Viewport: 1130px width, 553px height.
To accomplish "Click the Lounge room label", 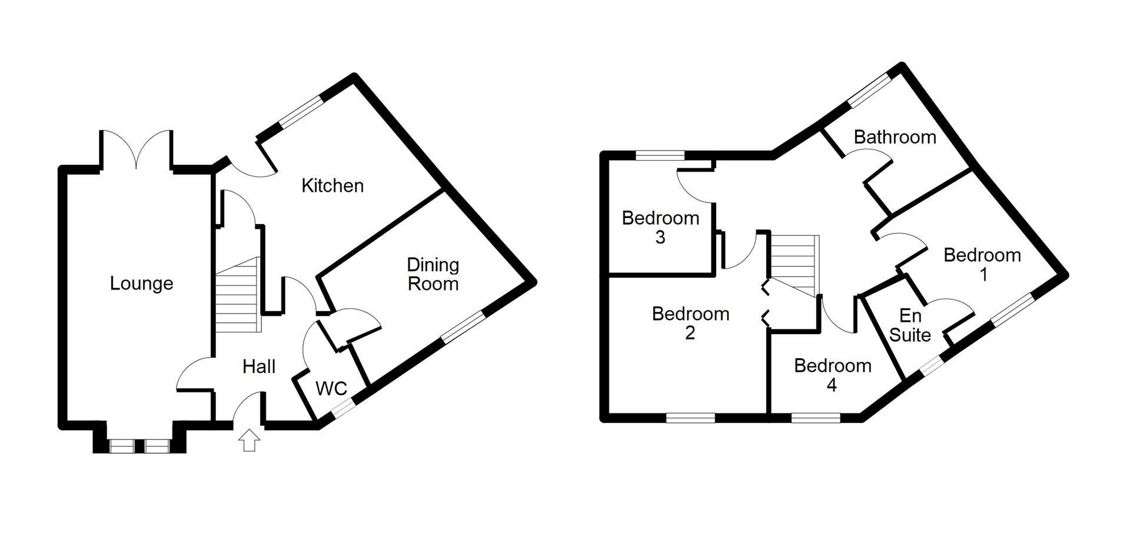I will [141, 284].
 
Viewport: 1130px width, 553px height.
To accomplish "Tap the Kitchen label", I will [333, 186].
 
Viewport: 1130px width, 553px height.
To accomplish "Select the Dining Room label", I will [433, 274].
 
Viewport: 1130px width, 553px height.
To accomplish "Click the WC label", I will [331, 389].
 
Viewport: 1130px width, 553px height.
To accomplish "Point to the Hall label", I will [259, 367].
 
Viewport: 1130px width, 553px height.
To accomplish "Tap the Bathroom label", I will [895, 137].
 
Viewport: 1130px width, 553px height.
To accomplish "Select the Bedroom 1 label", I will [982, 265].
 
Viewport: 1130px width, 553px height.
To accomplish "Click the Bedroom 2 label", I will [690, 323].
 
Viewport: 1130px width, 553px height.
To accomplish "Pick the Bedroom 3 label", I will [660, 228].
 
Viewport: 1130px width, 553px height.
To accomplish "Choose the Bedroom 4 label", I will [832, 375].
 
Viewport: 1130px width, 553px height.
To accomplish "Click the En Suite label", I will [910, 325].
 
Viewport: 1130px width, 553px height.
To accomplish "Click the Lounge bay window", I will [140, 447].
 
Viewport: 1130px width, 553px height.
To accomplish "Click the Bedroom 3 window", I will [660, 155].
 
